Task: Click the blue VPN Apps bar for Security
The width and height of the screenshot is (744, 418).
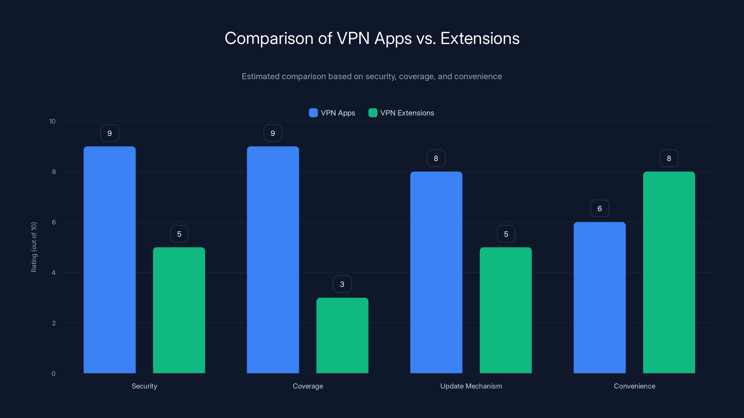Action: tap(110, 260)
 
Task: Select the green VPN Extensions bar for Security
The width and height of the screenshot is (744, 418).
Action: tap(179, 310)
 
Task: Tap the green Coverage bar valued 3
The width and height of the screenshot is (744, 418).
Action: tap(342, 335)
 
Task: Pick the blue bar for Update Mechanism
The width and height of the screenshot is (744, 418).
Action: tap(436, 272)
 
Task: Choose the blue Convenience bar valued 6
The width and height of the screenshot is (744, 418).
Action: tap(600, 297)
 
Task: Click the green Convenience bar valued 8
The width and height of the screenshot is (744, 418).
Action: tap(669, 272)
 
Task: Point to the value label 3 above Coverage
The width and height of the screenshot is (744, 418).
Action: tap(342, 284)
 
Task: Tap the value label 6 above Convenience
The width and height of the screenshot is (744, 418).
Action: tap(600, 208)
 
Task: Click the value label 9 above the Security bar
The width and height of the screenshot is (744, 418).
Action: tap(110, 133)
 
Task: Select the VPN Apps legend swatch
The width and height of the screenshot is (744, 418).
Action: tap(313, 113)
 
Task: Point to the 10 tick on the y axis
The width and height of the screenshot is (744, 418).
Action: tap(52, 121)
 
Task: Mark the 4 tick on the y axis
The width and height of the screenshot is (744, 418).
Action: tap(53, 273)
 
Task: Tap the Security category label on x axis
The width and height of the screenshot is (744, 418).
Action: tap(144, 386)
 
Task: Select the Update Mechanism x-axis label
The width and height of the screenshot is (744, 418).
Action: tap(471, 386)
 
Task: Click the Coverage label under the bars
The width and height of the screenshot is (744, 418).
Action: tap(308, 386)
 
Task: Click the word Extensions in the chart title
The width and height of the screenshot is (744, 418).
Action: tap(480, 38)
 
